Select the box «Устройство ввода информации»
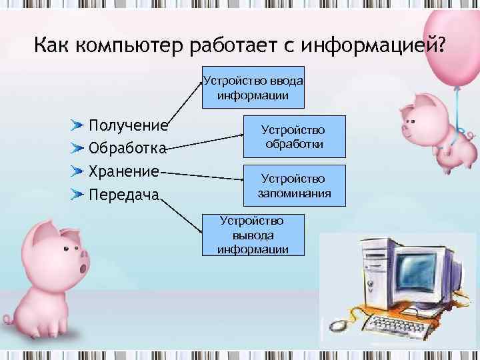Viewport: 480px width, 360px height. pos(253,88)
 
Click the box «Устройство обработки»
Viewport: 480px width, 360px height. pos(294,137)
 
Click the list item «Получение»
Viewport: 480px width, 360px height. pos(128,126)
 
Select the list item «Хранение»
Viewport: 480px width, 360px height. pos(125,171)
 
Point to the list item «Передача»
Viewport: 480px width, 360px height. pos(124,195)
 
